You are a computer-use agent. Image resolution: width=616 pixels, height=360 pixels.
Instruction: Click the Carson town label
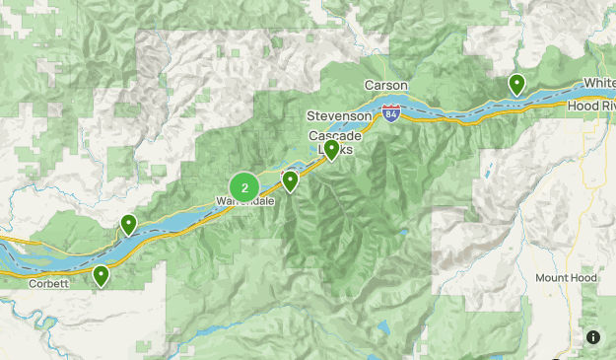click(386, 86)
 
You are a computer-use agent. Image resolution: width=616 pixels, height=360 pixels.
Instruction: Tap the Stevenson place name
click(339, 116)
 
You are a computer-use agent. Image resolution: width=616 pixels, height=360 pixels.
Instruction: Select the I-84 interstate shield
click(392, 113)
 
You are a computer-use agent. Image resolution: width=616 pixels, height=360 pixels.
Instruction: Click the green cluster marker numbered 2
click(244, 186)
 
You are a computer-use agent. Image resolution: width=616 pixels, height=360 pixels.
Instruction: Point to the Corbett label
click(50, 284)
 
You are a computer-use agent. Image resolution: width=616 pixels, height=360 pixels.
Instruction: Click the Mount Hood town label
click(568, 278)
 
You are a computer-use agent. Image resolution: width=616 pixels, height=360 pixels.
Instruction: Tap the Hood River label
click(590, 106)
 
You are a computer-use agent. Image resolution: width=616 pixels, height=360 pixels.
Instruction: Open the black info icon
click(593, 337)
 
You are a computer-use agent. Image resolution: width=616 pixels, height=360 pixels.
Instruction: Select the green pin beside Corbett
click(101, 276)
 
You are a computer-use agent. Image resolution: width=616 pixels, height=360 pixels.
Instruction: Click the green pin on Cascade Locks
click(332, 150)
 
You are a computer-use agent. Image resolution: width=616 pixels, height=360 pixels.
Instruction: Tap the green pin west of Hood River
click(516, 85)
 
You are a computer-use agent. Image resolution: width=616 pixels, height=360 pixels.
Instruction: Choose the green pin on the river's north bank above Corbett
click(128, 225)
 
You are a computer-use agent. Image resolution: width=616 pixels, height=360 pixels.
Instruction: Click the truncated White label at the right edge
click(599, 82)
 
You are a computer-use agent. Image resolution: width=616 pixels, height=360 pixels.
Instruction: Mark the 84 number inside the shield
click(392, 114)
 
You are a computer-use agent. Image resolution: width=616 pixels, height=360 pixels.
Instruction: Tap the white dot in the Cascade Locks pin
click(332, 148)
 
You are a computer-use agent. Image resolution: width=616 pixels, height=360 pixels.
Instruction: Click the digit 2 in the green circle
click(244, 186)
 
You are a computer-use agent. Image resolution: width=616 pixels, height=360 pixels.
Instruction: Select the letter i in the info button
click(593, 337)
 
